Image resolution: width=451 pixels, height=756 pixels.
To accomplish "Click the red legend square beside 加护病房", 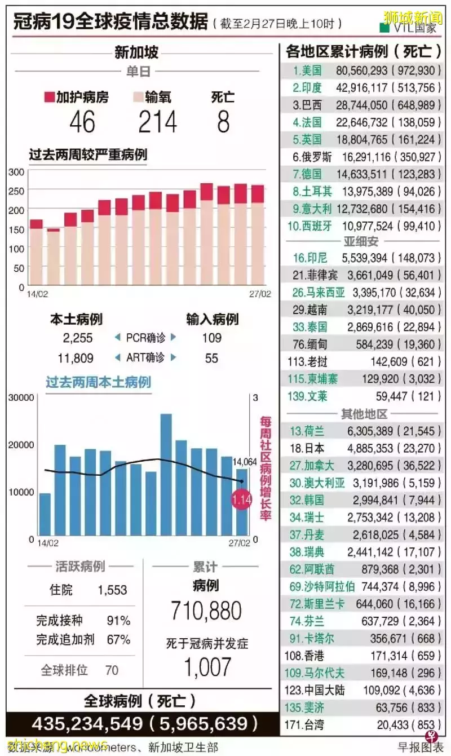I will click(x=49, y=97).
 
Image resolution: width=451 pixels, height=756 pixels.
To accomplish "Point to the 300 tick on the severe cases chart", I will click(x=17, y=172).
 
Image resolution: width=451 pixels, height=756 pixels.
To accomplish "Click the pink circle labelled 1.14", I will click(x=242, y=499).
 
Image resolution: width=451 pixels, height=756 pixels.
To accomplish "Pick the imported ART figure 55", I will click(x=211, y=358).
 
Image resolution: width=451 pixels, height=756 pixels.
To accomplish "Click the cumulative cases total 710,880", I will click(x=206, y=611).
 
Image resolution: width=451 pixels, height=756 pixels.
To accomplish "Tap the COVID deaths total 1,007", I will click(x=207, y=667).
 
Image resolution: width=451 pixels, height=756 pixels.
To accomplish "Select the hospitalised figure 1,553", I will click(x=112, y=590).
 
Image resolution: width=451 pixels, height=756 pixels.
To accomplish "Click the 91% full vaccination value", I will click(x=118, y=621).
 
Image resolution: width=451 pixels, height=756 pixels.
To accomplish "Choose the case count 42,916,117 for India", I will click(x=369, y=87).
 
